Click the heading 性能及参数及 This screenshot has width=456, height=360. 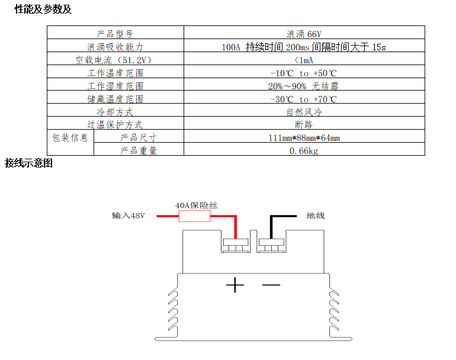(x=43, y=9)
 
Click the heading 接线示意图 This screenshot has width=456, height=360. (x=29, y=163)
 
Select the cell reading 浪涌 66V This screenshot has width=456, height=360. (x=304, y=34)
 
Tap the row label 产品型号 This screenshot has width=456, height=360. (x=115, y=34)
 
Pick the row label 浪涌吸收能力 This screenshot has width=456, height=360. (x=115, y=47)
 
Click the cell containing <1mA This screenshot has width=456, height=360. (x=304, y=60)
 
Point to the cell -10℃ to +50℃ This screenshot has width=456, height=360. (x=304, y=73)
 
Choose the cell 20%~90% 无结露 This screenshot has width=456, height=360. (x=304, y=86)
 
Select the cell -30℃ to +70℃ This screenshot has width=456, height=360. (x=304, y=99)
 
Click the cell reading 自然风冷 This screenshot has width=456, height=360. (x=304, y=112)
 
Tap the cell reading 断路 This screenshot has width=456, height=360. (x=304, y=124)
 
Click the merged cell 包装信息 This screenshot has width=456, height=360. (x=70, y=138)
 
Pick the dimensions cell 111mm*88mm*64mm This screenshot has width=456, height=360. (x=304, y=138)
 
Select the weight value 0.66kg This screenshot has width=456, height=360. (x=304, y=151)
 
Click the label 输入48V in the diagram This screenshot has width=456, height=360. (x=129, y=216)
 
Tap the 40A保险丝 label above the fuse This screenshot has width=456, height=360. (x=197, y=205)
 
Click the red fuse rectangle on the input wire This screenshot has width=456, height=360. (x=194, y=217)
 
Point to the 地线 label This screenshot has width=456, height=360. (x=316, y=216)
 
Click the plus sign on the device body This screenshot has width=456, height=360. (x=235, y=285)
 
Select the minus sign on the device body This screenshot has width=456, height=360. (x=271, y=285)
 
